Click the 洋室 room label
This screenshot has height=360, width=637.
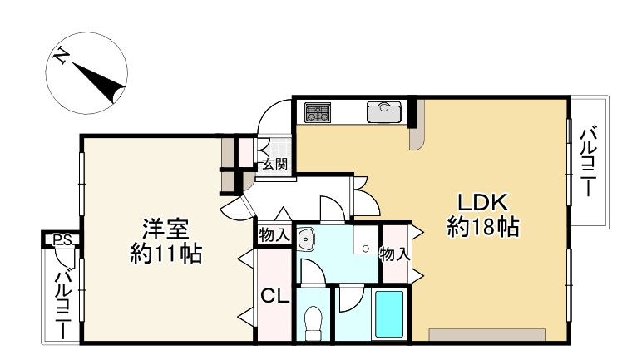point(166,228)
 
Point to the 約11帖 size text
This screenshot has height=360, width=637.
point(166,252)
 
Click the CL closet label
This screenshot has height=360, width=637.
point(274,296)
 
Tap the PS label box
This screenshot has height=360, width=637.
point(61,240)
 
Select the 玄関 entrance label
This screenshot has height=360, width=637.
point(274,165)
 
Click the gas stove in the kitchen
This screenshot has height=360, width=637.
point(318,112)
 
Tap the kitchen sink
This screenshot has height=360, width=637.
point(385,111)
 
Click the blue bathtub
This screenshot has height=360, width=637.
point(389,313)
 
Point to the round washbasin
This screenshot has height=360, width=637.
point(306,239)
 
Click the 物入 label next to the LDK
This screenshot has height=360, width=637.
point(395,254)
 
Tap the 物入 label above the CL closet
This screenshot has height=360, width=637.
point(274,235)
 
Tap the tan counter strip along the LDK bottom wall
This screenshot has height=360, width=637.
point(486,334)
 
